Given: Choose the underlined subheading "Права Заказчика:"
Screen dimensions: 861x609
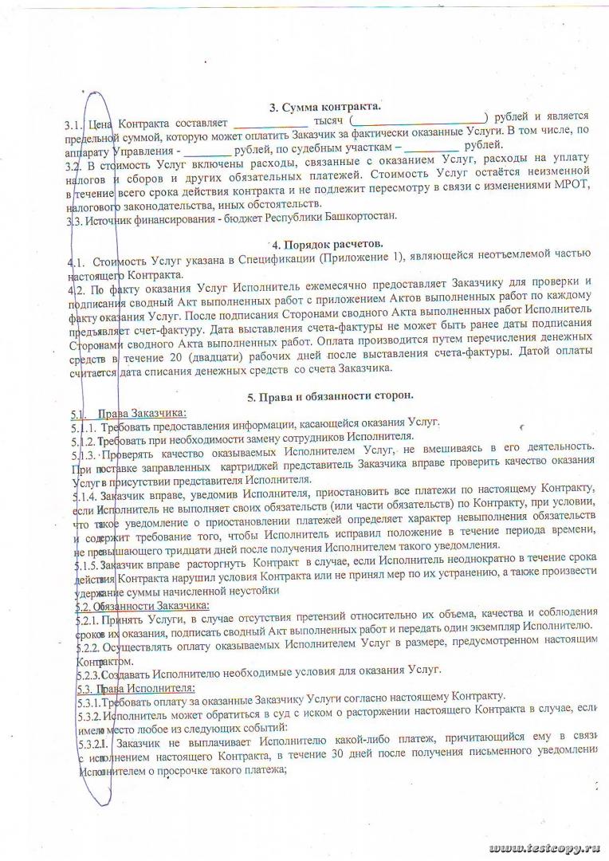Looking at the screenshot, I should click(141, 412).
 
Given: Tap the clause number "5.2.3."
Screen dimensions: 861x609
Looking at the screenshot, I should click(88, 673).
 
